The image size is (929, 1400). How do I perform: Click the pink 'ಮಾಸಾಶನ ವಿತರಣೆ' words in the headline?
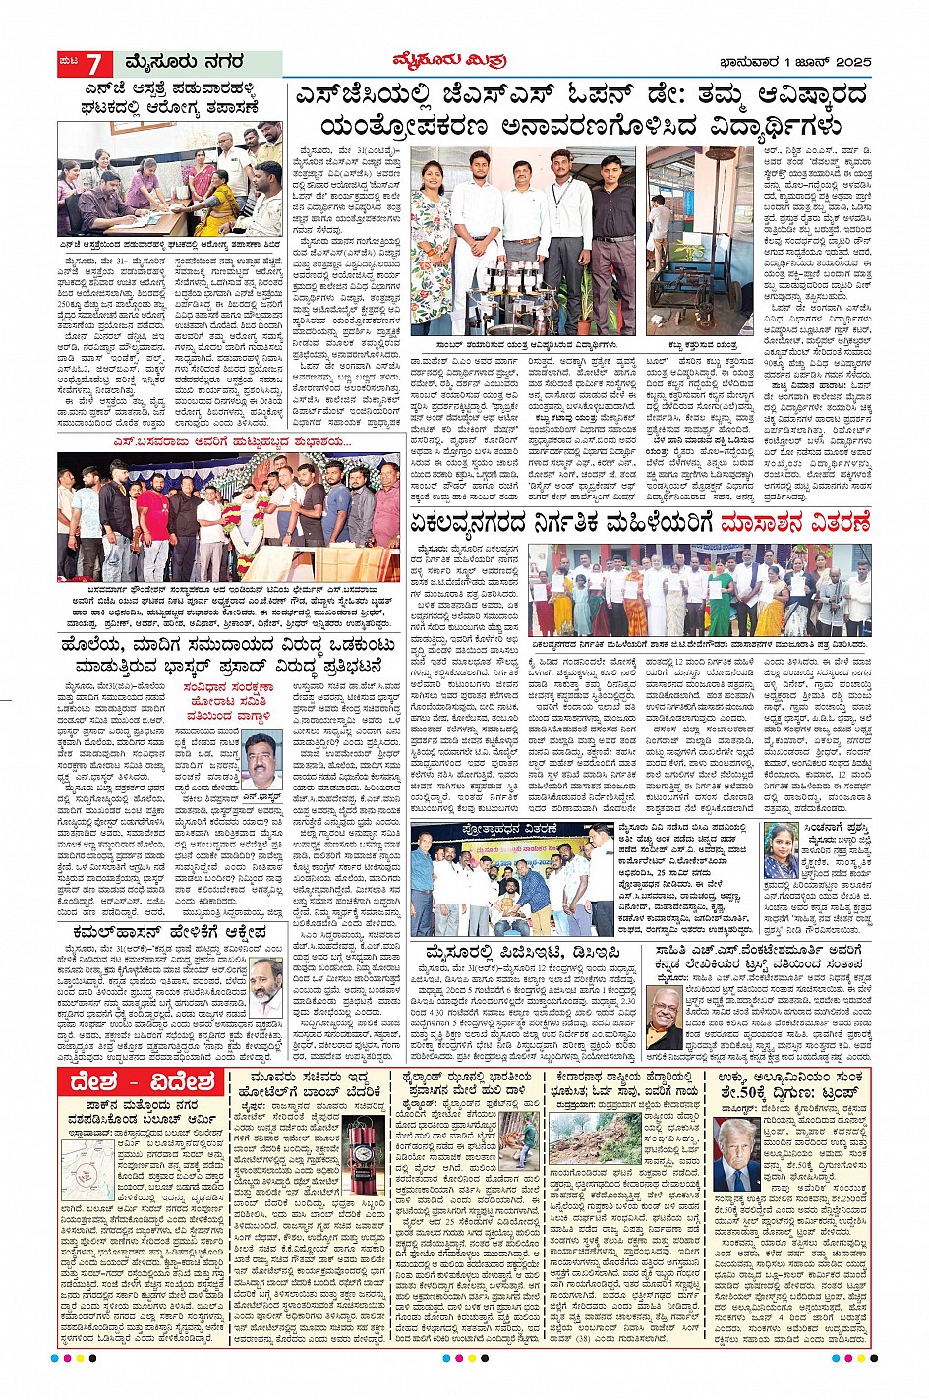(x=794, y=523)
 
